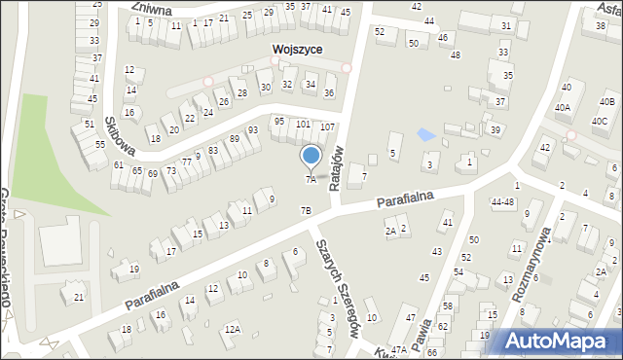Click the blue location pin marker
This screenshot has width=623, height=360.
tap(311, 156)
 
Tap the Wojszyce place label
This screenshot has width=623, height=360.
tap(298, 49)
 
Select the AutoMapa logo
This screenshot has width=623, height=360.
tap(561, 341)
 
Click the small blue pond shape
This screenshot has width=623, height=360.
tap(425, 134)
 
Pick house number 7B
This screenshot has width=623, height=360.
tap(306, 210)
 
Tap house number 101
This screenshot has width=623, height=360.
tap(303, 124)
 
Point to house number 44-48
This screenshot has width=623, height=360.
tap(502, 202)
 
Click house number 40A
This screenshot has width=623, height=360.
tap(563, 107)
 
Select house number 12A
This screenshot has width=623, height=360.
tap(232, 330)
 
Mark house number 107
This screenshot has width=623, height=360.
tap(327, 127)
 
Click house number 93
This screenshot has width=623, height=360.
tap(252, 129)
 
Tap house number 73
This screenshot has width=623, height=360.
tap(170, 171)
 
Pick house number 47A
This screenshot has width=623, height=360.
tap(398, 348)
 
